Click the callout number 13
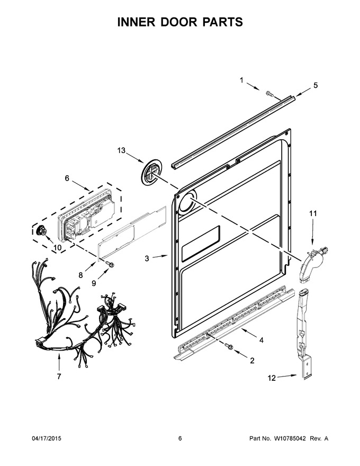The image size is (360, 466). tap(121, 150)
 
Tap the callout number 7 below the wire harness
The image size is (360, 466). tap(59, 377)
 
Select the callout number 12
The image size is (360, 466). tap(272, 378)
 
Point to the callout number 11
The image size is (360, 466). tap(313, 213)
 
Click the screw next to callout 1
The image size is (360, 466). tap(269, 94)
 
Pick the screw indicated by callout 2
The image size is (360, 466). tap(229, 346)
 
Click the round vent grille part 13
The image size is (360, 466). tap(152, 174)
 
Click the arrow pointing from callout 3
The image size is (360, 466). tap(161, 256)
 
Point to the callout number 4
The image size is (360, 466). tap(261, 340)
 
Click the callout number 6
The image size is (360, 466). tap(67, 178)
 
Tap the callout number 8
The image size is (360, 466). tap(80, 275)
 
